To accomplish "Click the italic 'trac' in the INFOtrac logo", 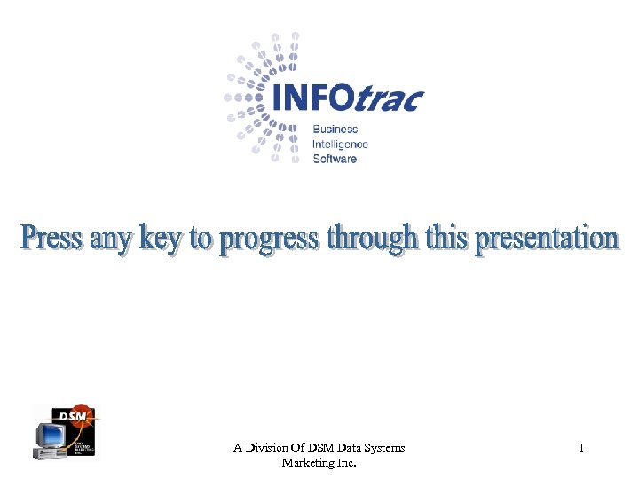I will [x=388, y=99].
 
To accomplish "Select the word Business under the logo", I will [x=335, y=130].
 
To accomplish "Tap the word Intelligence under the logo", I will [x=340, y=144].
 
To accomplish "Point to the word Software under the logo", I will [x=335, y=159].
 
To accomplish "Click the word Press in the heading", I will [x=52, y=238].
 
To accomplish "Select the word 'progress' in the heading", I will [x=269, y=241].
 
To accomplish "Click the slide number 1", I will [x=581, y=448].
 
